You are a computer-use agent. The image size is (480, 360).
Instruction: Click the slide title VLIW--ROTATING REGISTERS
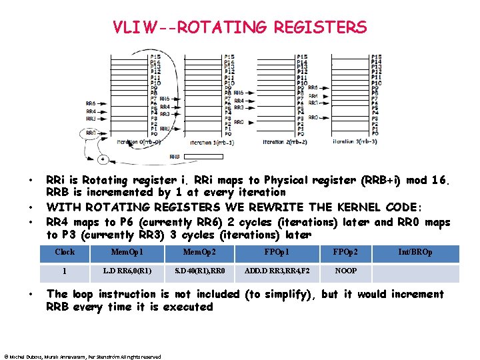coord(240,27)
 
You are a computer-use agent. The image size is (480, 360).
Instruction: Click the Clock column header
coord(65,253)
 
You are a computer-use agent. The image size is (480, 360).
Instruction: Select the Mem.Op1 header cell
coord(127,253)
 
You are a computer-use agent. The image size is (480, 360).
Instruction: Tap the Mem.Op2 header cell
coord(199,253)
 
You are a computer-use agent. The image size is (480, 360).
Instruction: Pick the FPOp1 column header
coord(276,253)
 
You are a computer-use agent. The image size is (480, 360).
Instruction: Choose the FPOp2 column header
coord(345,253)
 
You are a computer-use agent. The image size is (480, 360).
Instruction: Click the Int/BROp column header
coord(415,253)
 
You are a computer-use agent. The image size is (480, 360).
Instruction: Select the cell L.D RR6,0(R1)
coord(127,271)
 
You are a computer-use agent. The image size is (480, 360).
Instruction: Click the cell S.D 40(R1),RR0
coord(199,271)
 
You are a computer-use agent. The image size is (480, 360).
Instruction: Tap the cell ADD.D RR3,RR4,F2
coord(276,271)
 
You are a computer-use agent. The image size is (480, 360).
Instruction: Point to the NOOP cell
coord(345,271)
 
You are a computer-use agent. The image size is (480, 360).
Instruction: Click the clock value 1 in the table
coord(65,271)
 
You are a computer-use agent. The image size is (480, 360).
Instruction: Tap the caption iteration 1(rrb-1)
coord(211,143)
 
